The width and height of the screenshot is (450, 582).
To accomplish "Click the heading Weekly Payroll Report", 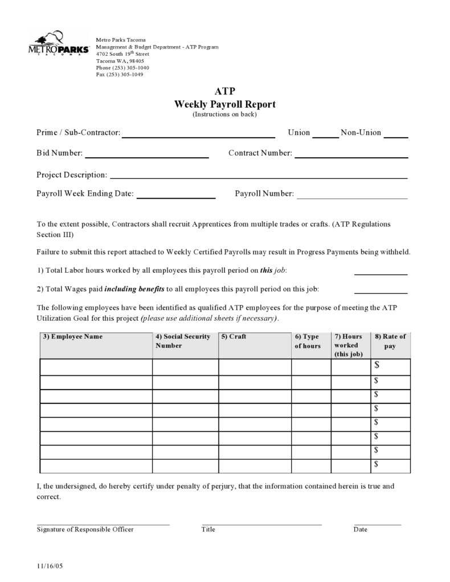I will tap(224, 104).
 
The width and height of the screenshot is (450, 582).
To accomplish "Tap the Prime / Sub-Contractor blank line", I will tap(198, 136).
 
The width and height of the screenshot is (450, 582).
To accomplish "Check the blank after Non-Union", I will tap(395, 136).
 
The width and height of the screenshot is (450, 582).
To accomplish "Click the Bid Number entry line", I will tap(146, 155).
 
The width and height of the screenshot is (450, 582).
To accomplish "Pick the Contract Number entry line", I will tap(351, 155).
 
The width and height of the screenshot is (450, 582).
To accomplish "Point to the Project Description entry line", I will tap(258, 177).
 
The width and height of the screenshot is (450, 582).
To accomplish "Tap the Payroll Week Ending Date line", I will tap(175, 196).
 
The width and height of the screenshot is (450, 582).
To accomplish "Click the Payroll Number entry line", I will tap(352, 196).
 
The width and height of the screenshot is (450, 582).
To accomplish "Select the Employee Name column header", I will tap(73, 337).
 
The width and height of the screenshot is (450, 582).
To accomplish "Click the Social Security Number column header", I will tap(183, 341).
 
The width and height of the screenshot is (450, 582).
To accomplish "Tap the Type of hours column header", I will tap(308, 341).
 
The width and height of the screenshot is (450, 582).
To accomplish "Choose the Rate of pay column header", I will tap(390, 341).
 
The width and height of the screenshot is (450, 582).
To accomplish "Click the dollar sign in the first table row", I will tap(377, 366).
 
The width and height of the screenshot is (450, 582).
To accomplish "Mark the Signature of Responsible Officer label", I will tap(85, 530).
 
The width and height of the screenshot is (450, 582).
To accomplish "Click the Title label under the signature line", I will tap(208, 530).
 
